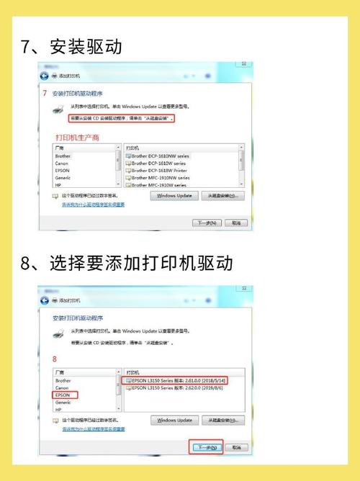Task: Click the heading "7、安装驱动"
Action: (71, 47)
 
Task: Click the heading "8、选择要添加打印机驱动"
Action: (127, 263)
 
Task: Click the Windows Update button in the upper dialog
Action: (174, 195)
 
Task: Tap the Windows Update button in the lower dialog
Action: (174, 420)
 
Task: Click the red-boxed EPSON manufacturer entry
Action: (64, 395)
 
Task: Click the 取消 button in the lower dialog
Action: (234, 447)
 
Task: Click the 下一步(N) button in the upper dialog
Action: (206, 223)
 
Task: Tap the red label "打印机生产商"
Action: (77, 137)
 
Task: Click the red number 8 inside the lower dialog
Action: (55, 358)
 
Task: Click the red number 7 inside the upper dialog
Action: (45, 93)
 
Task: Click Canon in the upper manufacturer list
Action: (63, 163)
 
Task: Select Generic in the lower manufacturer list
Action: (63, 403)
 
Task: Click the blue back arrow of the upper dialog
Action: (45, 75)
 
